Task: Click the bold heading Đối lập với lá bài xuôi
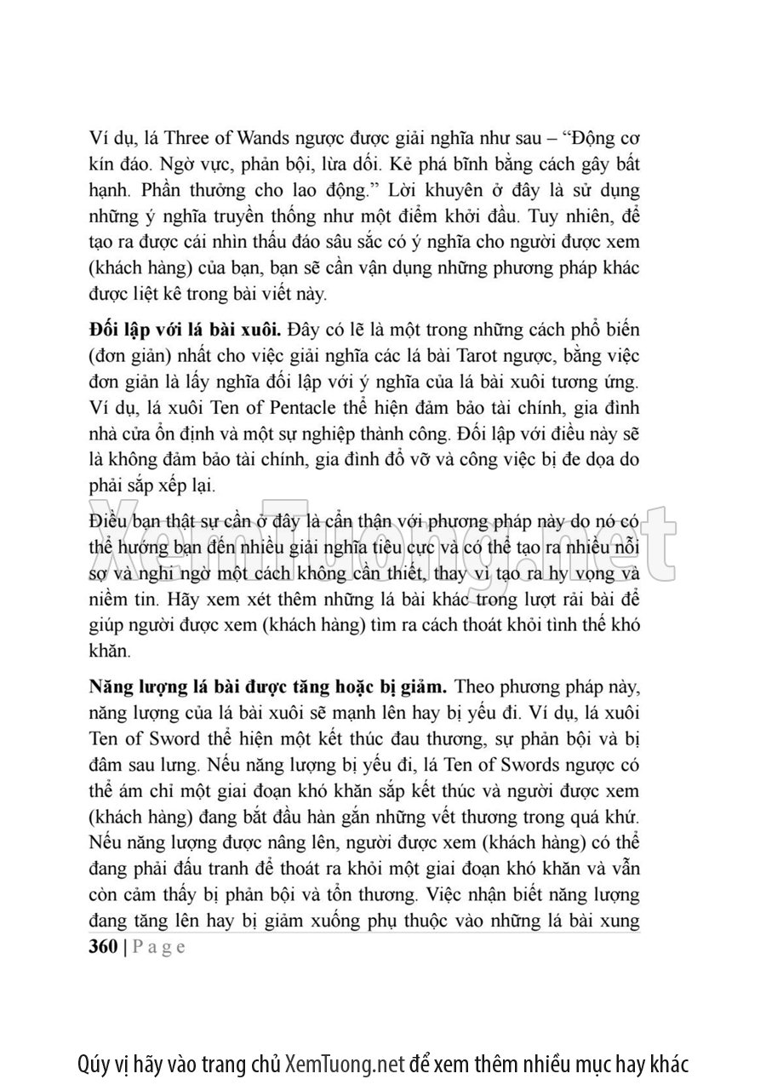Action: [x=186, y=329]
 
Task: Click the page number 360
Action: [x=103, y=947]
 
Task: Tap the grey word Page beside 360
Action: [x=159, y=947]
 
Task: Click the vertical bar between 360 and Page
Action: [x=125, y=947]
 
